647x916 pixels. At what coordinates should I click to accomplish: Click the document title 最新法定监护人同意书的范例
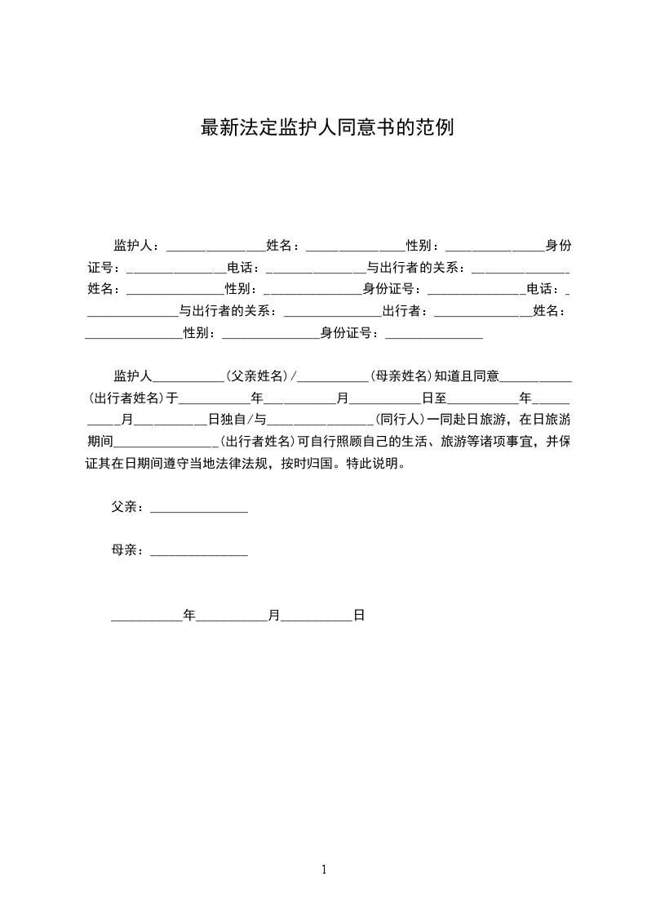click(x=326, y=128)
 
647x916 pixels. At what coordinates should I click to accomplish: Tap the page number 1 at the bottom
click(x=324, y=869)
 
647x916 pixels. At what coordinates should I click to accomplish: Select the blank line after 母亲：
click(x=199, y=551)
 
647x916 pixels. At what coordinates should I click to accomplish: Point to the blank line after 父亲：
click(x=199, y=508)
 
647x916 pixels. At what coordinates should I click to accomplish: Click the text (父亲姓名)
click(x=258, y=376)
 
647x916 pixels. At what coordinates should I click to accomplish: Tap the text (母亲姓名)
click(x=401, y=376)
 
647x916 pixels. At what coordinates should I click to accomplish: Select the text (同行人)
click(x=400, y=420)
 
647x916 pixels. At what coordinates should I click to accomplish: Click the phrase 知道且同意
click(x=467, y=376)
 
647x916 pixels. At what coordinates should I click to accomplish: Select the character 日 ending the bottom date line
click(x=359, y=616)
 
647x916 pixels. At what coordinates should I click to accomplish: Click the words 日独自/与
click(x=237, y=420)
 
